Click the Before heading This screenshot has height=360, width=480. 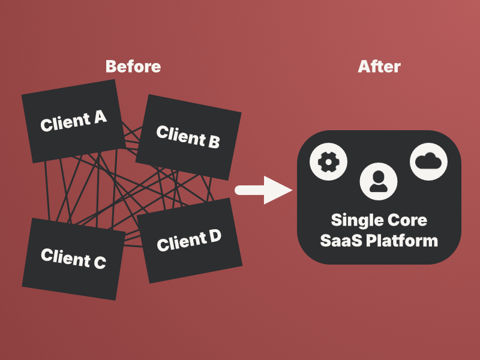pos(133,66)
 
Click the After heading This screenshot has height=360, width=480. pos(379,66)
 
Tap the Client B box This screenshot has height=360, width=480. pos(188,137)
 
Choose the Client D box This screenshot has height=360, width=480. pos(190,241)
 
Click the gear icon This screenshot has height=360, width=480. pos(328,161)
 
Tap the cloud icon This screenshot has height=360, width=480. pos(428,161)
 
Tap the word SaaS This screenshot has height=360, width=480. pos(340,241)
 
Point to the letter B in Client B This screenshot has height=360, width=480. pos(213,142)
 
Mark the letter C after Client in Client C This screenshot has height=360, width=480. pos(99,262)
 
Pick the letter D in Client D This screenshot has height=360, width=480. pos(214,236)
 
